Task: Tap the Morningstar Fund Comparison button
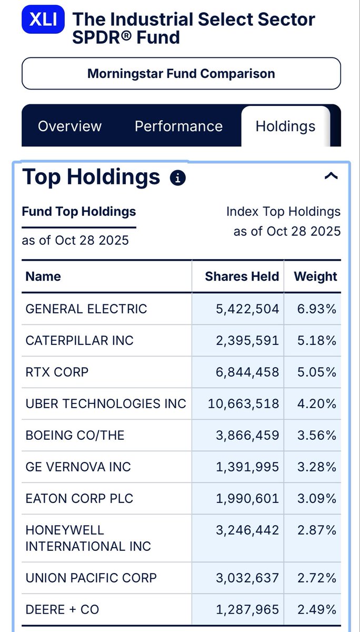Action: [181, 74]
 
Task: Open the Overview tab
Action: [69, 126]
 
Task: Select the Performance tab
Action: [178, 126]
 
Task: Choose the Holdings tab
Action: [285, 126]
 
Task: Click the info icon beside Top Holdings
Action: [178, 178]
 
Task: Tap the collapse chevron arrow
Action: [331, 176]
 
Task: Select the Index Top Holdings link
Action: [283, 212]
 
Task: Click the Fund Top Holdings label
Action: [79, 212]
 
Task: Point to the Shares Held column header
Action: [242, 276]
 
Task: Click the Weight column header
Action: [315, 276]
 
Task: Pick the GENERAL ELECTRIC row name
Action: [86, 309]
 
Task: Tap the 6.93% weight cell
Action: [317, 309]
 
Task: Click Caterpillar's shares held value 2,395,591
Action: [247, 340]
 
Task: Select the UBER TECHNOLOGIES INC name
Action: [106, 403]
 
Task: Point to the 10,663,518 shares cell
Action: [244, 403]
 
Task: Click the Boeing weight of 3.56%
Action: [317, 435]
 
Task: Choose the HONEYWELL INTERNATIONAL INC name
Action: [88, 538]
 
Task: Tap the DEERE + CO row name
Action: [62, 609]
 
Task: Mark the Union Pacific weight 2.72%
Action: [317, 578]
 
